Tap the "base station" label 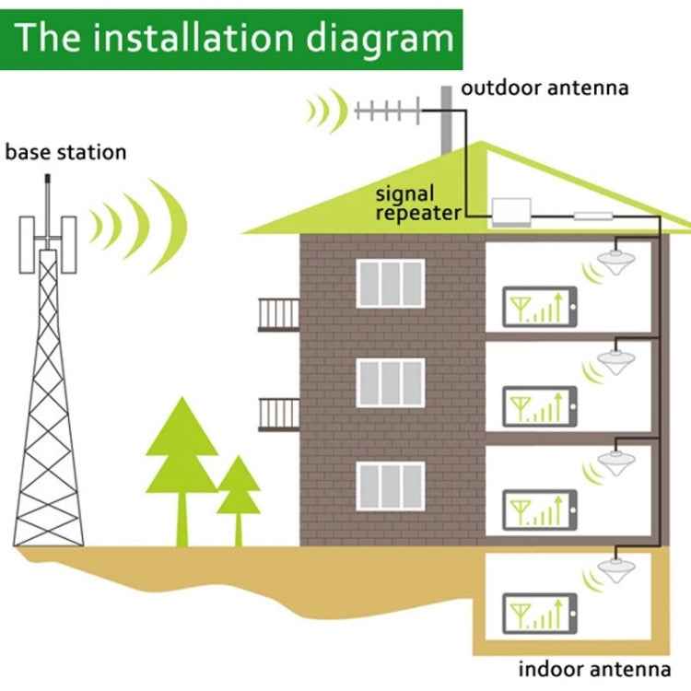[65, 152]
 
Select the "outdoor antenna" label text [545, 88]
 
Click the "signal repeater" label [417, 204]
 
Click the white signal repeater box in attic [519, 212]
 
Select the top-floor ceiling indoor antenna [615, 260]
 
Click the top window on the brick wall [391, 283]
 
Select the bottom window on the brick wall [391, 486]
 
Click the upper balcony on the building [278, 314]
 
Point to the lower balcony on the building [278, 415]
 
